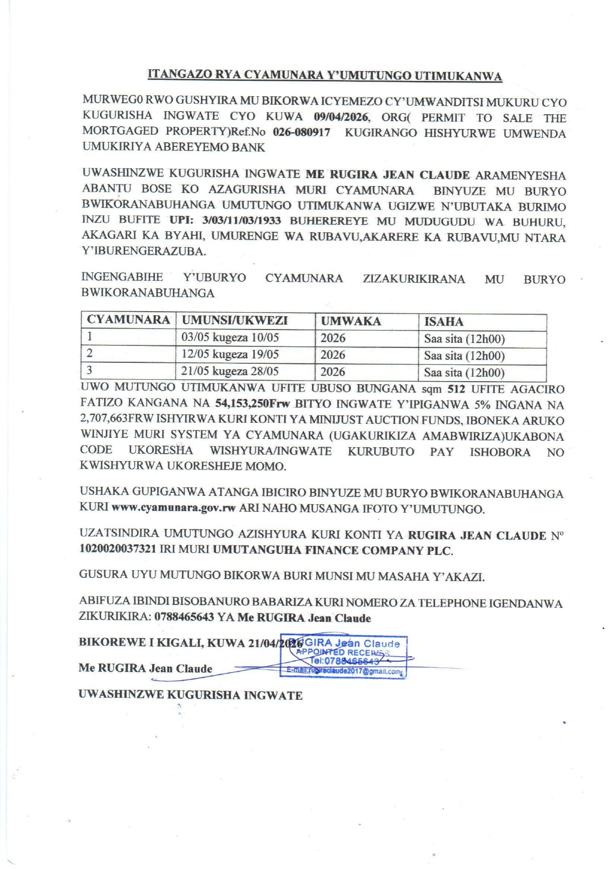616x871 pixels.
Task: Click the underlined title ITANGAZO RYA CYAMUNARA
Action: [325, 75]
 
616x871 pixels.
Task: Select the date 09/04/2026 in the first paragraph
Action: [341, 117]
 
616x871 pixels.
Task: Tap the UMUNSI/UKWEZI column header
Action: [235, 320]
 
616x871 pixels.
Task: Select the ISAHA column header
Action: [444, 322]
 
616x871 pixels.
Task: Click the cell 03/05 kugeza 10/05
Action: [230, 337]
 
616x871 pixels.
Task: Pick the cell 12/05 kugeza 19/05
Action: [230, 354]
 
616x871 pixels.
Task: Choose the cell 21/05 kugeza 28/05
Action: [230, 371]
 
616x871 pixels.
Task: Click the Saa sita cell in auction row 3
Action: [464, 372]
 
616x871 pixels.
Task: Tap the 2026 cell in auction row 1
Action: [333, 338]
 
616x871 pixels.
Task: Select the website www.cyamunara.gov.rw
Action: [173, 508]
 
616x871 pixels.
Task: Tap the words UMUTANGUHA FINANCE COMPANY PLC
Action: [333, 550]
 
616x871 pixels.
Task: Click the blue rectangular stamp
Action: [344, 657]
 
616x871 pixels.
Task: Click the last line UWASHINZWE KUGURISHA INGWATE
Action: [190, 695]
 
